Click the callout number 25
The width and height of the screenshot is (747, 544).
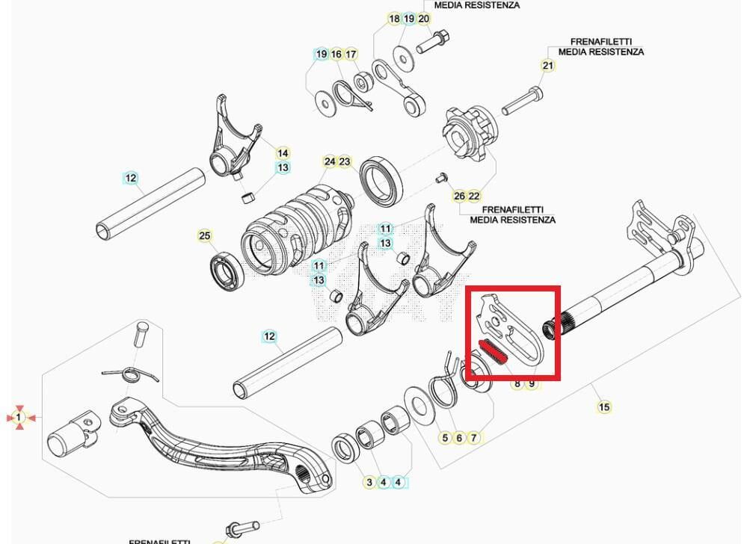click(x=205, y=236)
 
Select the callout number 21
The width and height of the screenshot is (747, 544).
click(x=548, y=66)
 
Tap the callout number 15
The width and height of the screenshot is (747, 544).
click(x=604, y=407)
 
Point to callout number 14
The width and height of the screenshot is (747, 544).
click(x=283, y=153)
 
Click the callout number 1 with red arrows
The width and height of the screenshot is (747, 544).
click(x=19, y=417)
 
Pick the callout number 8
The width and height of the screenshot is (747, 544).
click(x=517, y=383)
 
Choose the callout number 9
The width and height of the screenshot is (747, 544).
click(x=532, y=383)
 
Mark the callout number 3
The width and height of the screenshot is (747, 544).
click(x=369, y=483)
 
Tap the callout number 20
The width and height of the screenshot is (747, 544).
click(x=423, y=19)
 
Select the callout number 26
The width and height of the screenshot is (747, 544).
click(x=459, y=196)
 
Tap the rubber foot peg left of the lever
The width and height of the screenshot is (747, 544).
click(x=71, y=440)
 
